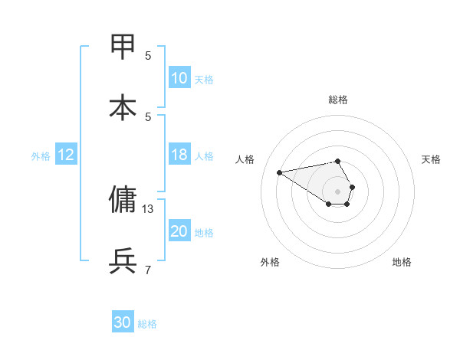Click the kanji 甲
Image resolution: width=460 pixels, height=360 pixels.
click(x=123, y=47)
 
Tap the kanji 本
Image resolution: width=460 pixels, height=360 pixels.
click(x=123, y=108)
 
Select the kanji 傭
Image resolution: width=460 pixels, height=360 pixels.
click(x=123, y=200)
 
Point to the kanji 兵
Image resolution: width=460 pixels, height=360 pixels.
click(x=123, y=261)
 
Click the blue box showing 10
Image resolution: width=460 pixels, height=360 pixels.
click(x=179, y=78)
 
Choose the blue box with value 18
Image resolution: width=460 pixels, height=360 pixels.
click(x=179, y=155)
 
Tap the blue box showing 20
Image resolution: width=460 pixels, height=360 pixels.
click(x=179, y=231)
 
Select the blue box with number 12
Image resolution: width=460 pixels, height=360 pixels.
click(x=65, y=155)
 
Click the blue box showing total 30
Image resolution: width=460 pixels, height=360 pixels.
click(x=123, y=322)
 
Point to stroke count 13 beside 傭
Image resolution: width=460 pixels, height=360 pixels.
click(x=148, y=208)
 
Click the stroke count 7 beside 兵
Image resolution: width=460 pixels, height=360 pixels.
click(x=148, y=270)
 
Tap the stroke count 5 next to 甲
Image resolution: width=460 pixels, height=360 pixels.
click(x=148, y=55)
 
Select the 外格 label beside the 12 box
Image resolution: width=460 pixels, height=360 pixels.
click(x=41, y=156)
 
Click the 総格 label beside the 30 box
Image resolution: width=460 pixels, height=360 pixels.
click(x=147, y=324)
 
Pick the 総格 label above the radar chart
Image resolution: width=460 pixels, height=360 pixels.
click(x=338, y=100)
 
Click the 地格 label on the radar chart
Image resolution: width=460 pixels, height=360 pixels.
click(x=402, y=262)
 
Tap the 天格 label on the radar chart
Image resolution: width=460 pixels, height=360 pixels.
click(x=431, y=159)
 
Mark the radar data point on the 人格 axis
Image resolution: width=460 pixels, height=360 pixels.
click(x=280, y=172)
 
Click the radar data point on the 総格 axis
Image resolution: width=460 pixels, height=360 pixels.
click(x=338, y=161)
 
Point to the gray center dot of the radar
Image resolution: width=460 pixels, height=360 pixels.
click(x=338, y=191)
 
